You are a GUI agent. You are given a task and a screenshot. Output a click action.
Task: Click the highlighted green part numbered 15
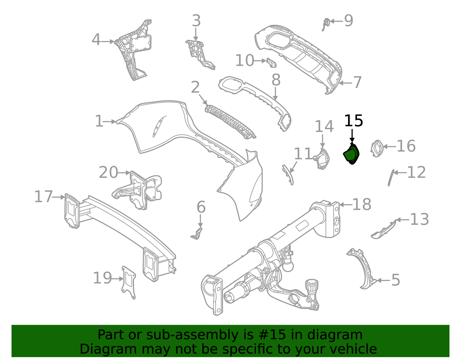coord(351,154)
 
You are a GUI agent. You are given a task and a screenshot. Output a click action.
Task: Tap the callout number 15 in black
coord(354,121)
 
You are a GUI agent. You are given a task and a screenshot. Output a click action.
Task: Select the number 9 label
coord(349,21)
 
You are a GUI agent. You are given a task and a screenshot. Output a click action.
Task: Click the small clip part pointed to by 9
coord(326,23)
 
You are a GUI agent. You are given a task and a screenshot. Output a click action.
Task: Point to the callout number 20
coord(108,173)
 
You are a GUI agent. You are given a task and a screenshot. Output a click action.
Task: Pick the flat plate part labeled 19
coord(129,282)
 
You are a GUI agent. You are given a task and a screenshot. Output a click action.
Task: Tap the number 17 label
coord(44,197)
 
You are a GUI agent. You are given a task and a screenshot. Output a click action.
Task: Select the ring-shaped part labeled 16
coord(377,148)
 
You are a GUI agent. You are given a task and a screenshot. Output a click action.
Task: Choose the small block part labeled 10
coord(271,62)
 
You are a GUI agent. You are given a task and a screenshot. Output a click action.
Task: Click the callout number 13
coord(419,219)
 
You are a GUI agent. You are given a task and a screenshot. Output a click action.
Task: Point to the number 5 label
coord(396,280)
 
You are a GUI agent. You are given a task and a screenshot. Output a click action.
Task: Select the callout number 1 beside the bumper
coord(99,121)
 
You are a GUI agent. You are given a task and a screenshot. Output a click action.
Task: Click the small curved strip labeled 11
coord(288,174)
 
